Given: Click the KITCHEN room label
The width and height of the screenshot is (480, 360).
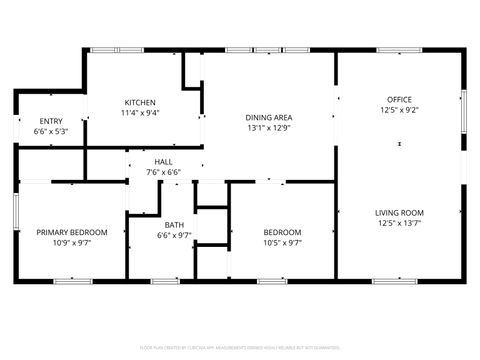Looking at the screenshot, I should [x=140, y=102].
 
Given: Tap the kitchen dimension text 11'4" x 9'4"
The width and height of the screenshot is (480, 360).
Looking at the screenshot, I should [x=140, y=113].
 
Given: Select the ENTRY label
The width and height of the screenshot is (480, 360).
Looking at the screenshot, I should [x=51, y=121].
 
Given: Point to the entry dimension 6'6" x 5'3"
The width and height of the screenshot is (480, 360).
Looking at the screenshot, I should [x=51, y=132].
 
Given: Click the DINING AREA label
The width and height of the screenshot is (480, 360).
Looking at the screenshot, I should [x=268, y=116].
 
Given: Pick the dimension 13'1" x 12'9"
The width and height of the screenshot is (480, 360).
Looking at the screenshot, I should [x=268, y=127].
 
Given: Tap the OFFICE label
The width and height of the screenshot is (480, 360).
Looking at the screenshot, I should [x=400, y=99].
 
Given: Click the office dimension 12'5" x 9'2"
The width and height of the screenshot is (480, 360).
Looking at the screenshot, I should [x=400, y=110].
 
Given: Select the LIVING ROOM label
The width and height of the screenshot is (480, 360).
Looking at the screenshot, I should [x=400, y=212].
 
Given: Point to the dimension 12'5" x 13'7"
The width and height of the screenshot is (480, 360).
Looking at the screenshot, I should [x=400, y=224].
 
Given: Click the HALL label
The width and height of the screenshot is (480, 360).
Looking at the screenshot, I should [x=163, y=161].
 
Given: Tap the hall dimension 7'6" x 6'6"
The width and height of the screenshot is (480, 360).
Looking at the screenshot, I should [x=163, y=172].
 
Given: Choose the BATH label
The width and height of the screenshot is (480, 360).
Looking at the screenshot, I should [x=174, y=225].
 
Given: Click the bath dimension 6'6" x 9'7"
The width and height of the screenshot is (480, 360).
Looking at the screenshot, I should [x=174, y=236].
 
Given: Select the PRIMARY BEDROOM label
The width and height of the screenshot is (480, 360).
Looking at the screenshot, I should [x=72, y=231].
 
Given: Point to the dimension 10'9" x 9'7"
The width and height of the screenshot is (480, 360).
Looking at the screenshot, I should [x=72, y=242].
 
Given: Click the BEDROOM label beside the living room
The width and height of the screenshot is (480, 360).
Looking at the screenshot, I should [x=282, y=231].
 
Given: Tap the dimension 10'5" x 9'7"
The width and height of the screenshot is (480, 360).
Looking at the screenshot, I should [x=282, y=242].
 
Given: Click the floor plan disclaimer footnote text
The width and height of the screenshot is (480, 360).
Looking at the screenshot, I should [x=239, y=349].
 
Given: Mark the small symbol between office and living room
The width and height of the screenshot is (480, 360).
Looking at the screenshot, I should [x=400, y=145].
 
